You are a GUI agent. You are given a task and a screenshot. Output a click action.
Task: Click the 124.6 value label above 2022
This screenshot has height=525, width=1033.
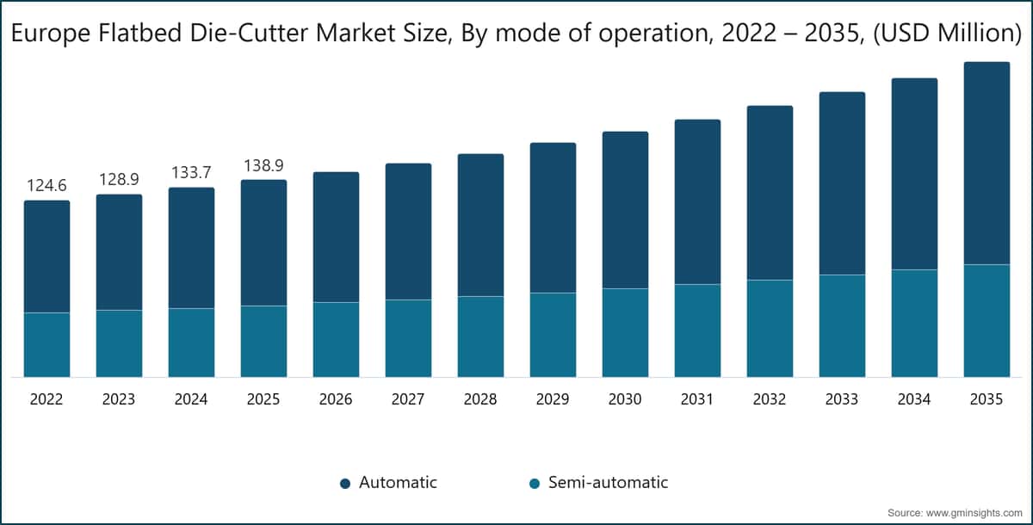coord(46,186)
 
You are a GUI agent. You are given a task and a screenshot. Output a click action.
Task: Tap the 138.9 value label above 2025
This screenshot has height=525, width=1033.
coord(263,165)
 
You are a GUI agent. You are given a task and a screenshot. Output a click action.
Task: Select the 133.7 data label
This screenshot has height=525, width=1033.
coord(191,172)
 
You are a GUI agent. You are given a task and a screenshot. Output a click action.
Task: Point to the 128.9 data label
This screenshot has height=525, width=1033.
coord(119,179)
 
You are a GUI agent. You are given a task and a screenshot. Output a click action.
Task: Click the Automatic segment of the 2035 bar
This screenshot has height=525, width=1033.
coord(987,164)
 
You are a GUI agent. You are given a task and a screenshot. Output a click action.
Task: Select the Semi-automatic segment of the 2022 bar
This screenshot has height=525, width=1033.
coord(46,344)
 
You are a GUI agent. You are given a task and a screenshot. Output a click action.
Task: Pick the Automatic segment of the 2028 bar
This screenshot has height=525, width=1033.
coord(480,225)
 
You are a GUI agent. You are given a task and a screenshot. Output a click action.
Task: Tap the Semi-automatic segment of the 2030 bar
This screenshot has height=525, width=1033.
coord(625,332)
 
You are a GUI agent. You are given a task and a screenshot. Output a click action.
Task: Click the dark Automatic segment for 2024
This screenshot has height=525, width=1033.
coord(191,248)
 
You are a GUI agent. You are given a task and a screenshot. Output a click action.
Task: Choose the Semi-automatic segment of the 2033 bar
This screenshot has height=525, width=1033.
coord(842,325)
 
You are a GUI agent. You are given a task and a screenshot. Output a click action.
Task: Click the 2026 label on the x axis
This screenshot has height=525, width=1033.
coord(336,400)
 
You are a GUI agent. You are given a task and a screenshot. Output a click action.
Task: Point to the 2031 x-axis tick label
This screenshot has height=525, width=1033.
coord(697,400)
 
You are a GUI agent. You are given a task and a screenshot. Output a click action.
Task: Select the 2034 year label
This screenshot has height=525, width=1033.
coord(914,400)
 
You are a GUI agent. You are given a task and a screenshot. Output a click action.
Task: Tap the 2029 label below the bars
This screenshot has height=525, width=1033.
coord(553,400)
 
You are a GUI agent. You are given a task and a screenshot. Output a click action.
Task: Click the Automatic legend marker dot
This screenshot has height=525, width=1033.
coord(344,483)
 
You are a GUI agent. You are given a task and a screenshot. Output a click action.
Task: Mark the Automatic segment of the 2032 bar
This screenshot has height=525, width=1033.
coord(770,193)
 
